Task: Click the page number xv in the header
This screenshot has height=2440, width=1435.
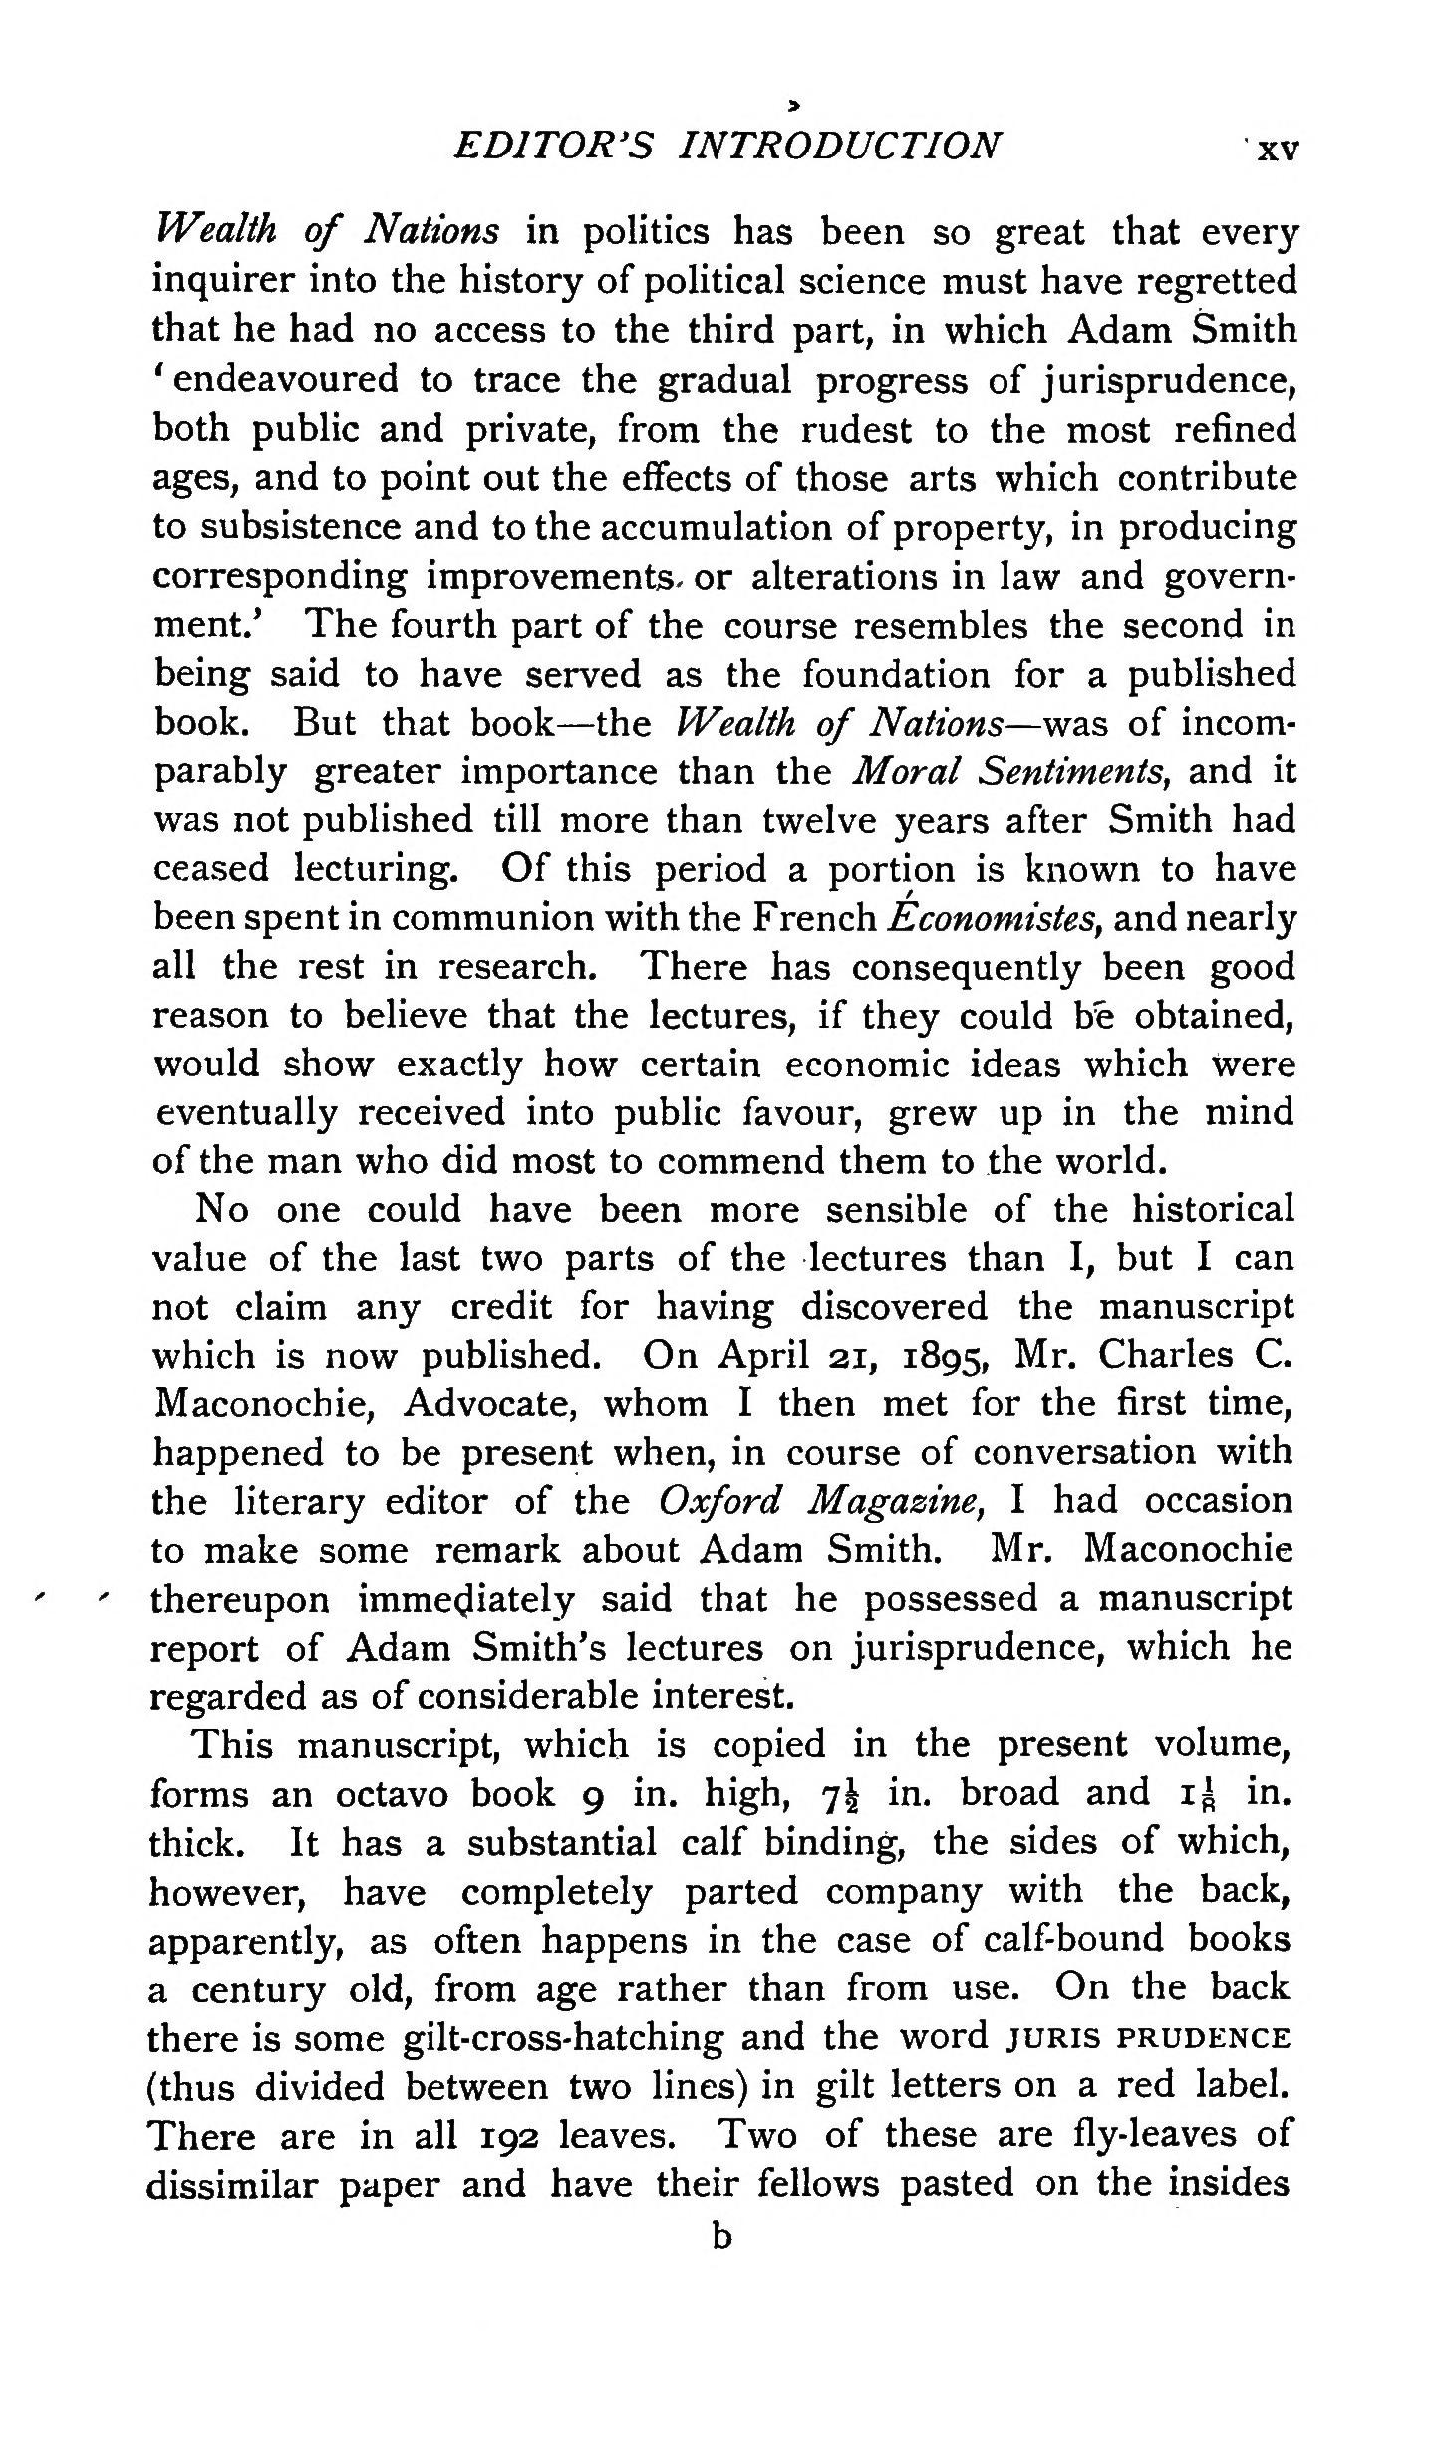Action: (x=1277, y=150)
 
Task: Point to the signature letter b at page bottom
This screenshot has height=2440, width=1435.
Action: (x=721, y=2237)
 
